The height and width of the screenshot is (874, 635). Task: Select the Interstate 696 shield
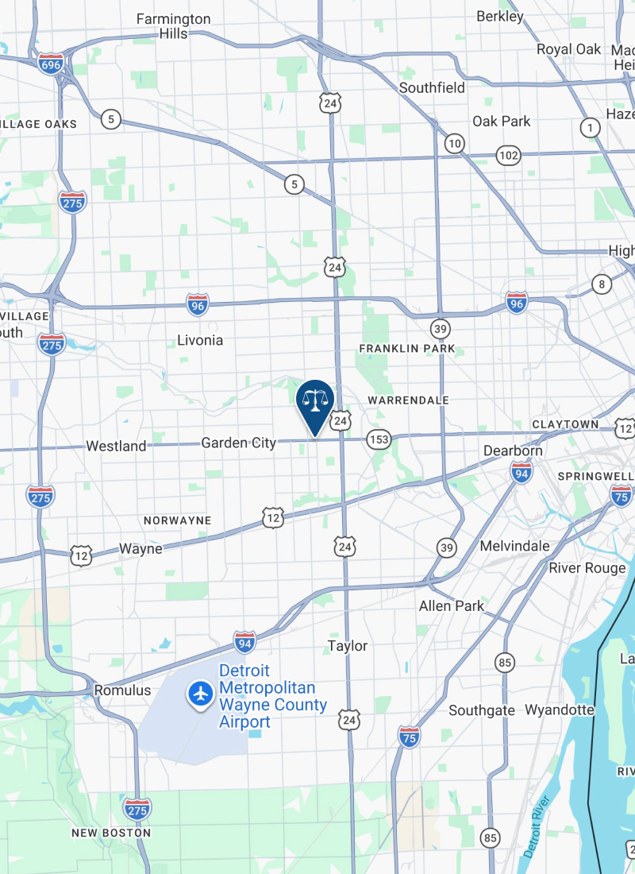click(51, 64)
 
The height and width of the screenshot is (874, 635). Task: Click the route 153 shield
click(379, 439)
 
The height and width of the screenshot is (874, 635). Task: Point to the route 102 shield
click(508, 155)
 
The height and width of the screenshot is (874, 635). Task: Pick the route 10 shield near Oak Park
click(454, 144)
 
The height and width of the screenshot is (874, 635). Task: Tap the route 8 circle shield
click(602, 284)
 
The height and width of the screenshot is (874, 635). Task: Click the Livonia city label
click(199, 340)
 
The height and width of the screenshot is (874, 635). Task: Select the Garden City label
click(238, 443)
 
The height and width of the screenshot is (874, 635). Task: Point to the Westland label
click(116, 446)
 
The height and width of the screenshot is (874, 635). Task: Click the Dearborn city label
click(514, 451)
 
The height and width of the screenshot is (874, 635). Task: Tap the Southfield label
click(432, 87)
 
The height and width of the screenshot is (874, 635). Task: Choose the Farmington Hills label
click(173, 26)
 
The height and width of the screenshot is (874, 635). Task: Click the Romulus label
click(122, 690)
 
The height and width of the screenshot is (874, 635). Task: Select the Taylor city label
click(348, 646)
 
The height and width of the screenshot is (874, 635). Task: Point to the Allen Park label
click(452, 605)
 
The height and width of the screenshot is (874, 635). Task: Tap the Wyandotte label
click(560, 710)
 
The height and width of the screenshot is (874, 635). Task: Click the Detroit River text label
click(537, 826)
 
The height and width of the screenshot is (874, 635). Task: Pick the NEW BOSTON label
click(110, 833)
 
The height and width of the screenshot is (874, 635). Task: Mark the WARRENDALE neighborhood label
click(409, 400)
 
